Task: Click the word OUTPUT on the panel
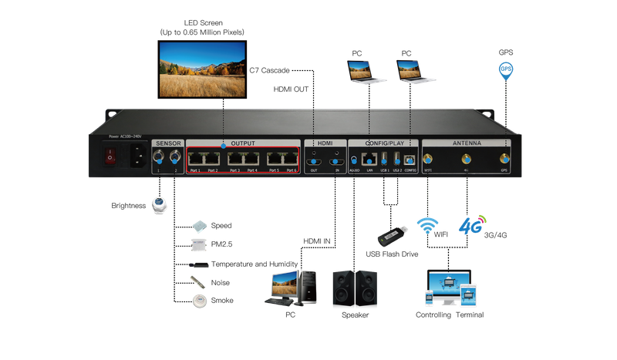tap(243, 143)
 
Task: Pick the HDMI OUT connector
tap(314, 160)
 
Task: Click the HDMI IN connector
tap(335, 160)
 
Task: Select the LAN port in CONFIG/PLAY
tap(370, 159)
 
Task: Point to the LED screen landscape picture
tap(202, 69)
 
